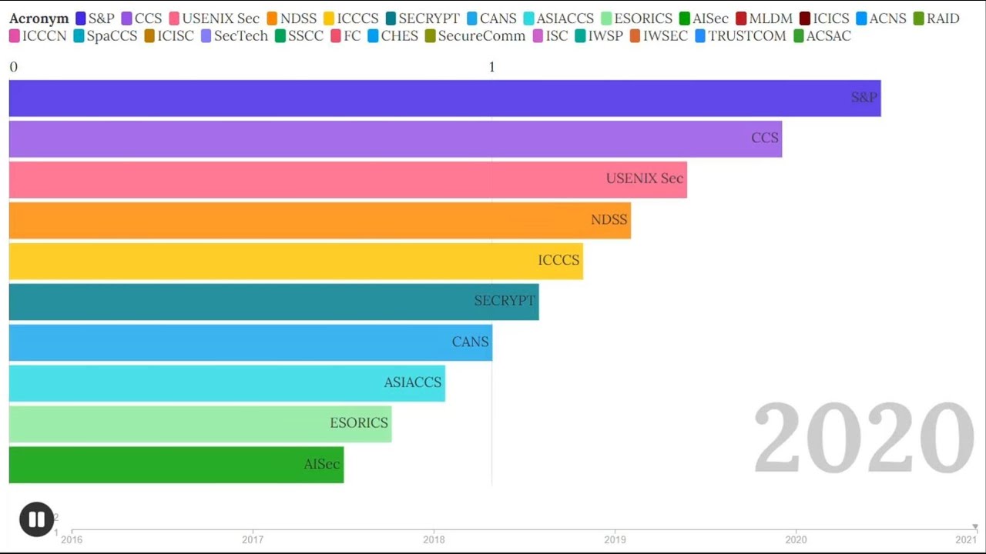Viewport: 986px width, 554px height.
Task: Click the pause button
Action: [x=36, y=519]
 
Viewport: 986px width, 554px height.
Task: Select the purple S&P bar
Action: [x=444, y=98]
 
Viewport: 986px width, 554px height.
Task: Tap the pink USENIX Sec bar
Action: [x=347, y=179]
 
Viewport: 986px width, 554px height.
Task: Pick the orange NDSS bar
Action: [x=320, y=219]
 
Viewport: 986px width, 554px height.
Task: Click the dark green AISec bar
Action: [x=176, y=464]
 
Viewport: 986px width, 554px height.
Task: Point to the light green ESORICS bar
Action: [x=200, y=423]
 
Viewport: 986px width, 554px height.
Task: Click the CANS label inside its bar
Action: [x=470, y=342]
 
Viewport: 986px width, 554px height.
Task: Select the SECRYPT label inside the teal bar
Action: [x=504, y=301]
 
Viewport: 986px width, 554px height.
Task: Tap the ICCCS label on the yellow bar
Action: [x=558, y=260]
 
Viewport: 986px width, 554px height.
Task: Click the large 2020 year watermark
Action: [x=864, y=438]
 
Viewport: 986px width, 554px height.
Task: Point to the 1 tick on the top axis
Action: [x=491, y=67]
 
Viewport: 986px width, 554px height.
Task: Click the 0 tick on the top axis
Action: [x=13, y=67]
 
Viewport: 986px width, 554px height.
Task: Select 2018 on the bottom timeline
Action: [x=434, y=539]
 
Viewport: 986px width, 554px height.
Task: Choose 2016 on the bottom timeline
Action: [x=72, y=539]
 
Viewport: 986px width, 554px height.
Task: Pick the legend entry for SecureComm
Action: [x=475, y=36]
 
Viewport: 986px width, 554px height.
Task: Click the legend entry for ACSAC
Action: [x=821, y=36]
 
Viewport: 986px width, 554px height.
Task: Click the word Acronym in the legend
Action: [x=39, y=18]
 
